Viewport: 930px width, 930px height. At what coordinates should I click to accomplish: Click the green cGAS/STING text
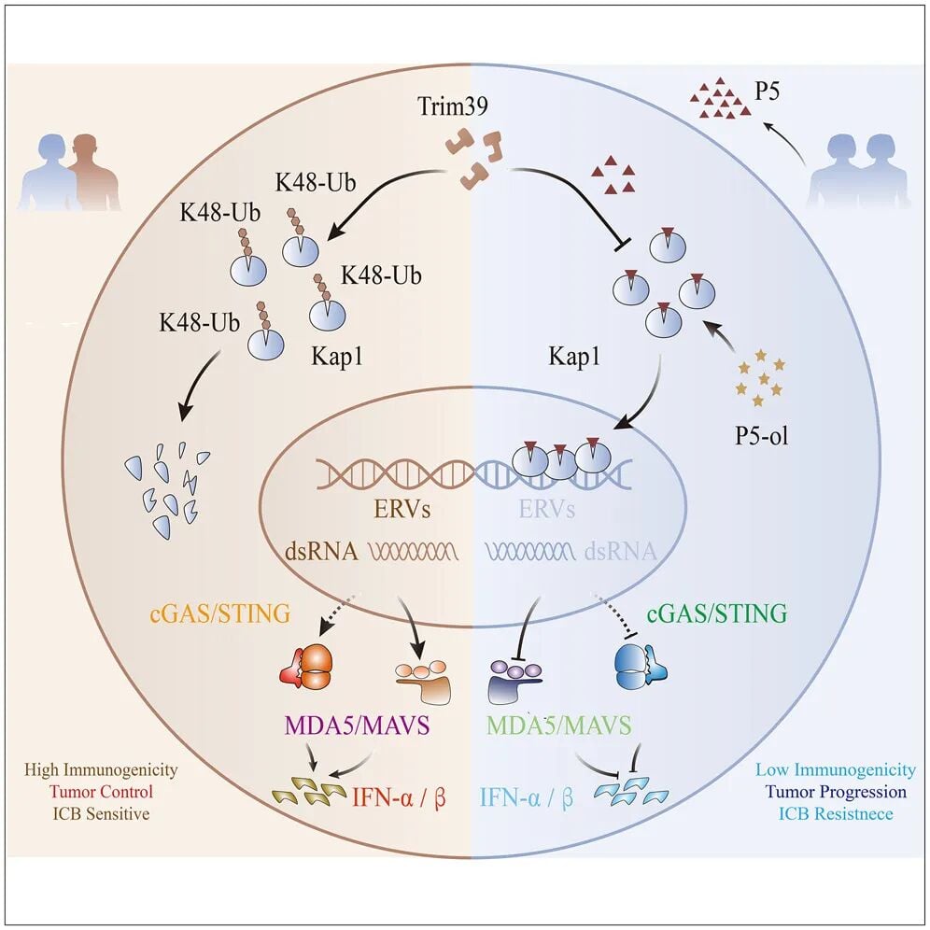click(x=715, y=613)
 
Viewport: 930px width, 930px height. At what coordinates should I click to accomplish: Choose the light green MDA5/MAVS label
click(x=559, y=725)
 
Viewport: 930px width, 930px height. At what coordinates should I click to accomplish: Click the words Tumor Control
click(x=115, y=792)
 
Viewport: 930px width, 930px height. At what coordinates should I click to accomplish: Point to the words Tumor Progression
click(x=834, y=792)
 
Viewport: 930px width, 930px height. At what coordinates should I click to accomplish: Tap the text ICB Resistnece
click(x=834, y=814)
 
